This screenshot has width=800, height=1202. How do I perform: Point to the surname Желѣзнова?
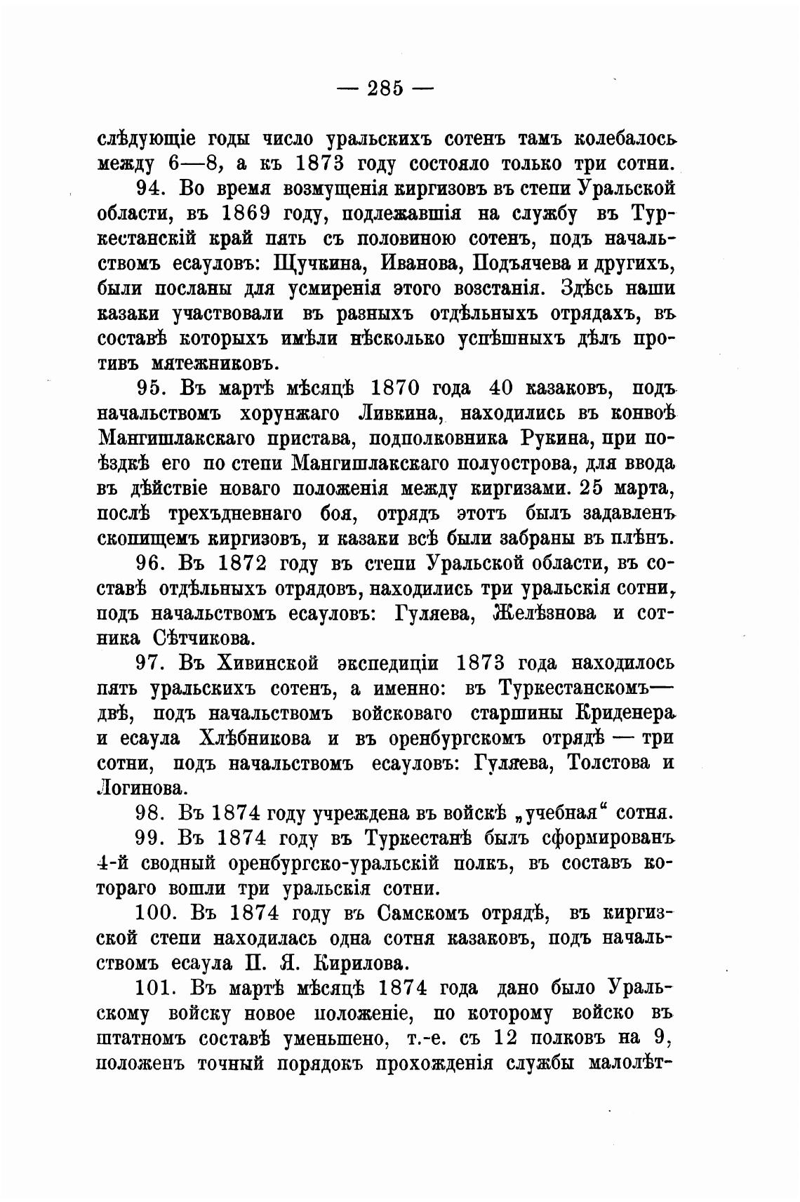point(545,613)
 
